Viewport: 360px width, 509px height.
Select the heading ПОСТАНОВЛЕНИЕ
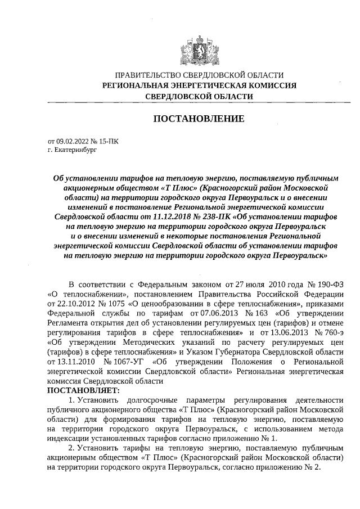(199, 119)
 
